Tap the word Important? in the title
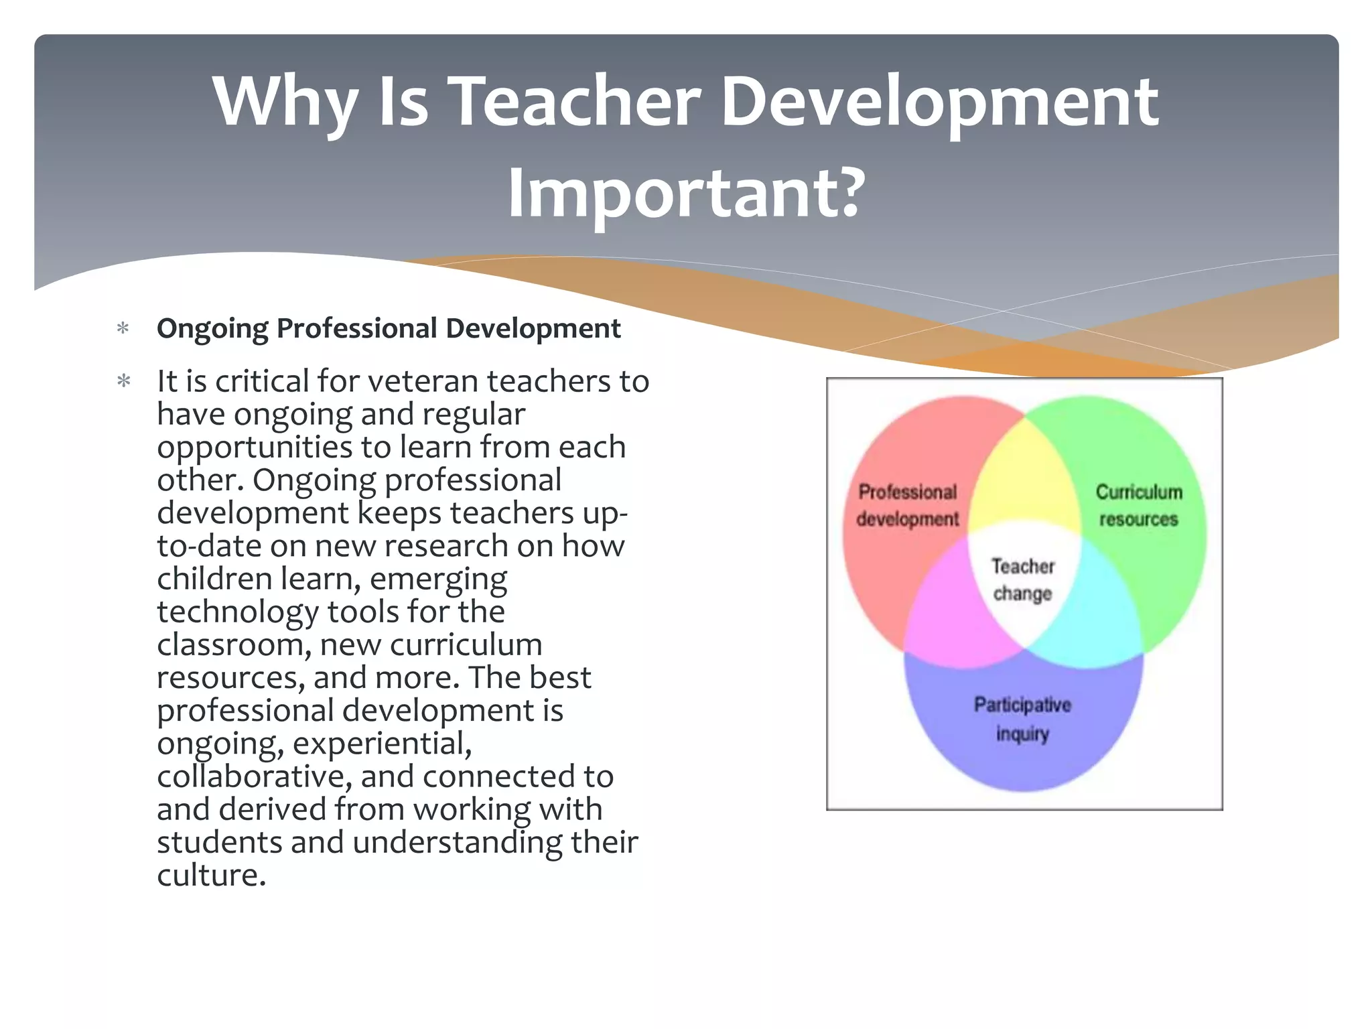pos(685,194)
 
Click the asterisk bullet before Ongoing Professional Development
pos(123,329)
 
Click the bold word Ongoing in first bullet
pos(212,329)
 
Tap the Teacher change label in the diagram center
pos(1023,580)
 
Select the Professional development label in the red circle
pos(908,506)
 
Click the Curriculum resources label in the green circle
pos(1138,506)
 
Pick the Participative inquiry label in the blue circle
pos(1022,719)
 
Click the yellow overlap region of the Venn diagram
pos(1024,476)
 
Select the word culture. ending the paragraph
pos(211,875)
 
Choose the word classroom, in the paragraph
pos(234,644)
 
